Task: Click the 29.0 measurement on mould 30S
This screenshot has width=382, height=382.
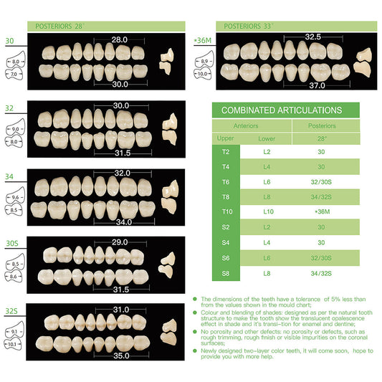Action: tap(120, 242)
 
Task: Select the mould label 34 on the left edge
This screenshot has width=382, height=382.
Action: tap(9, 176)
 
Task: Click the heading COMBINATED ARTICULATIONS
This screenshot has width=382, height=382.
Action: tap(281, 110)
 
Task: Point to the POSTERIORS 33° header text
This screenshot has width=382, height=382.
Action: tap(249, 26)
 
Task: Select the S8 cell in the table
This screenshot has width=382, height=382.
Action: tap(226, 272)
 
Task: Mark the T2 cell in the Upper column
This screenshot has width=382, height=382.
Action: tap(226, 152)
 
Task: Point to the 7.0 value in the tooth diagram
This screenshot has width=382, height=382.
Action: tap(14, 73)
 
